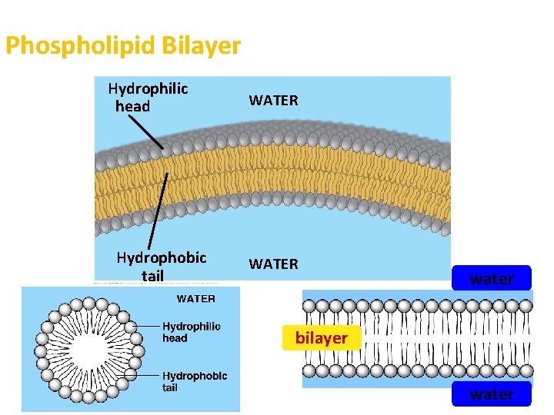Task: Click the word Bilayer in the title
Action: pyautogui.click(x=202, y=46)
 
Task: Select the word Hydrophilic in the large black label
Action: pyautogui.click(x=148, y=89)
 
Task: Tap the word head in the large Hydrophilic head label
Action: pyautogui.click(x=132, y=106)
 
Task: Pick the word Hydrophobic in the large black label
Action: pyautogui.click(x=162, y=257)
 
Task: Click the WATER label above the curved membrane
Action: pyautogui.click(x=273, y=101)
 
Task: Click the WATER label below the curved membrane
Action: pyautogui.click(x=273, y=264)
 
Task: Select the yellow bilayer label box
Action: pyautogui.click(x=321, y=338)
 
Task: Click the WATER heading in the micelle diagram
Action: pyautogui.click(x=196, y=298)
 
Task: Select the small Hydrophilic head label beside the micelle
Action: pyautogui.click(x=191, y=332)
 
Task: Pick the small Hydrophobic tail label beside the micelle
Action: pyautogui.click(x=195, y=382)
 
